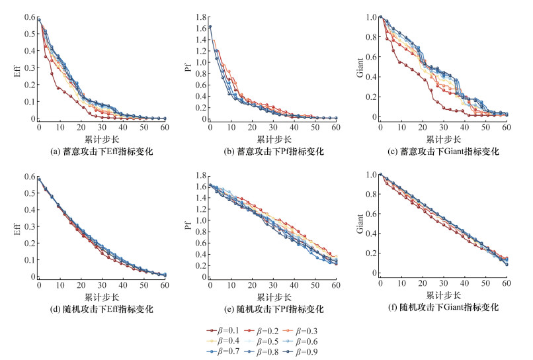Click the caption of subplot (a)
click(101, 152)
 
